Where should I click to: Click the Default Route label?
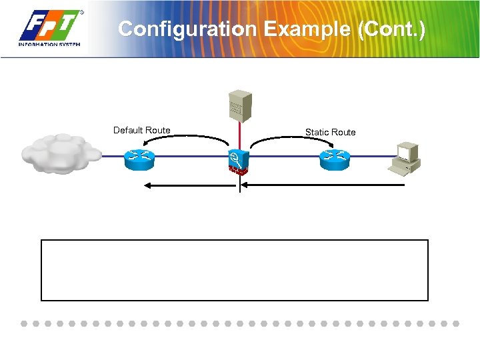pos(141,130)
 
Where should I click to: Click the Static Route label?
pos(330,132)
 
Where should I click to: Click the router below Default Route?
pos(139,157)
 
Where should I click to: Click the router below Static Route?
pos(333,157)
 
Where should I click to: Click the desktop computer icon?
pos(406,157)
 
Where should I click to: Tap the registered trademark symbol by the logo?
pos(81,12)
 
